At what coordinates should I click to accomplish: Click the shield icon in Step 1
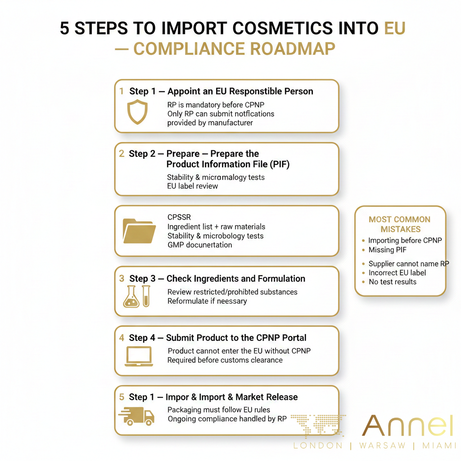pyautogui.click(x=137, y=112)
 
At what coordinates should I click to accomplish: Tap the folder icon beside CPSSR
pyautogui.click(x=139, y=231)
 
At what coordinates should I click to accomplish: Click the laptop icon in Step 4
pyautogui.click(x=139, y=356)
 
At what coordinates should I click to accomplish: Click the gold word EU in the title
pyautogui.click(x=394, y=28)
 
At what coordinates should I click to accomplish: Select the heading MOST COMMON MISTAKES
pyautogui.click(x=400, y=224)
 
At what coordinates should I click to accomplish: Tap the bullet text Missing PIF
pyautogui.click(x=388, y=250)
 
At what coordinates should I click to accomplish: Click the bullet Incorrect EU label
pyautogui.click(x=397, y=273)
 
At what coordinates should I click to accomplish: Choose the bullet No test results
pyautogui.click(x=392, y=282)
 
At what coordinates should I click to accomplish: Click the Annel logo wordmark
pyautogui.click(x=407, y=426)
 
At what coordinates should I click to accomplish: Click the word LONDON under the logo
pyautogui.click(x=318, y=446)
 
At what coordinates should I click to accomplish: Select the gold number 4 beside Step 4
pyautogui.click(x=122, y=338)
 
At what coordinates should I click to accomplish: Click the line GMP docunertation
pyautogui.click(x=200, y=245)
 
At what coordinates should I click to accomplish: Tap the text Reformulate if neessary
pyautogui.click(x=207, y=301)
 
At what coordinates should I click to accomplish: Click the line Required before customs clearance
pyautogui.click(x=225, y=360)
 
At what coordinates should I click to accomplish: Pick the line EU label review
pyautogui.click(x=192, y=186)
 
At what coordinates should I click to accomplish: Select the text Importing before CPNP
pyautogui.click(x=405, y=240)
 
